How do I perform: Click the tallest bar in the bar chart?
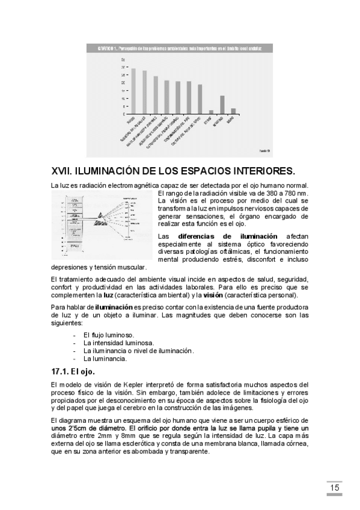(x=133, y=91)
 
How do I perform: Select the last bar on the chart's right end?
(x=233, y=111)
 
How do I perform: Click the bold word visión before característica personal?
(x=213, y=295)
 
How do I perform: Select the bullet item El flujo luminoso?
(x=109, y=334)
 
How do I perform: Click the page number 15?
(x=334, y=487)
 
